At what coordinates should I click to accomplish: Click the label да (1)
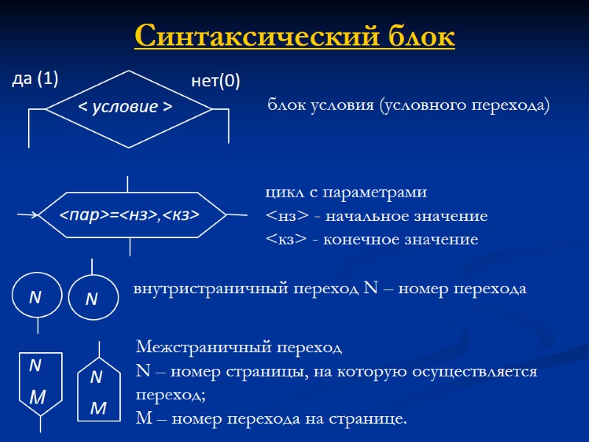(x=35, y=79)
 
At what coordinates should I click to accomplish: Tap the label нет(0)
(x=216, y=81)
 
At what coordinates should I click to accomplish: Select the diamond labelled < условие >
(x=129, y=108)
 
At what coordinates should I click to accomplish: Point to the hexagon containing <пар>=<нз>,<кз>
(x=130, y=214)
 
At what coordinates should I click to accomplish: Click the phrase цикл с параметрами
(x=345, y=192)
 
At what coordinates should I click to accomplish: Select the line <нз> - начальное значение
(x=376, y=217)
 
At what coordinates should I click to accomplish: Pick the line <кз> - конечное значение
(x=371, y=240)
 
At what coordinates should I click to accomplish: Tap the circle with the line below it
(x=35, y=298)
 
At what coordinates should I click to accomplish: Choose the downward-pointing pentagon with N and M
(x=40, y=385)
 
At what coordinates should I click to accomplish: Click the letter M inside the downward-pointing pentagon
(x=38, y=398)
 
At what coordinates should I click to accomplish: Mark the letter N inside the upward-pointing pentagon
(x=96, y=378)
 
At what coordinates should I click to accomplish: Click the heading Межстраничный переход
(x=239, y=346)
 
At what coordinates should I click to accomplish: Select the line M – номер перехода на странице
(x=271, y=419)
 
